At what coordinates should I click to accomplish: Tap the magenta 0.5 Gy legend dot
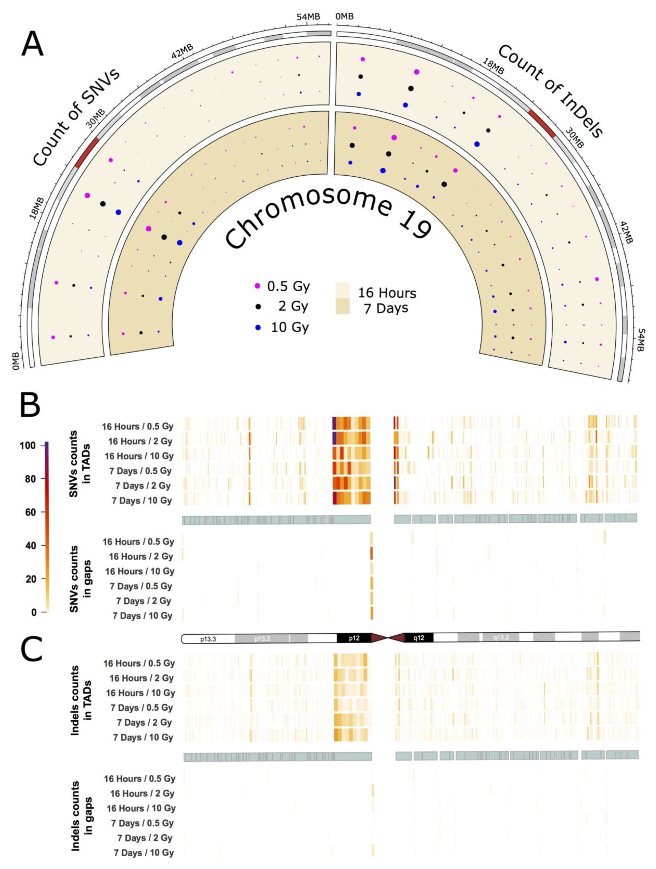(x=257, y=286)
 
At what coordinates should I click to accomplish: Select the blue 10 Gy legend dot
(x=257, y=327)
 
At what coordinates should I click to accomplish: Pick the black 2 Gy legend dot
(x=257, y=306)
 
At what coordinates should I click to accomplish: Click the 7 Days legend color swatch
(x=342, y=306)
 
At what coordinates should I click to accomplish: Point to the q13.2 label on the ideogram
(x=501, y=637)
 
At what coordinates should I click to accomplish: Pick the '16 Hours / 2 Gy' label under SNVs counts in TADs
(x=140, y=441)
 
